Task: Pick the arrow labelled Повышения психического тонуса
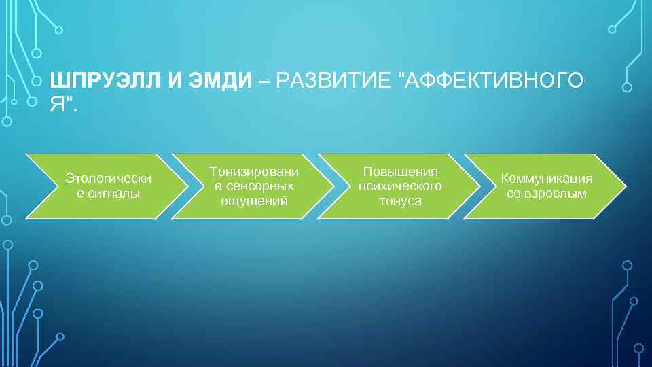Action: click(x=400, y=186)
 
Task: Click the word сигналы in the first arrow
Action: click(x=109, y=194)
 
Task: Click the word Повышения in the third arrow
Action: click(x=401, y=171)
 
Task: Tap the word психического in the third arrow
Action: click(x=401, y=186)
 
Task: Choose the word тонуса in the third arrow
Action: click(x=401, y=201)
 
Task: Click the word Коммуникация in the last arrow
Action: click(x=547, y=178)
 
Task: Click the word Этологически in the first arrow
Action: click(x=109, y=178)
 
